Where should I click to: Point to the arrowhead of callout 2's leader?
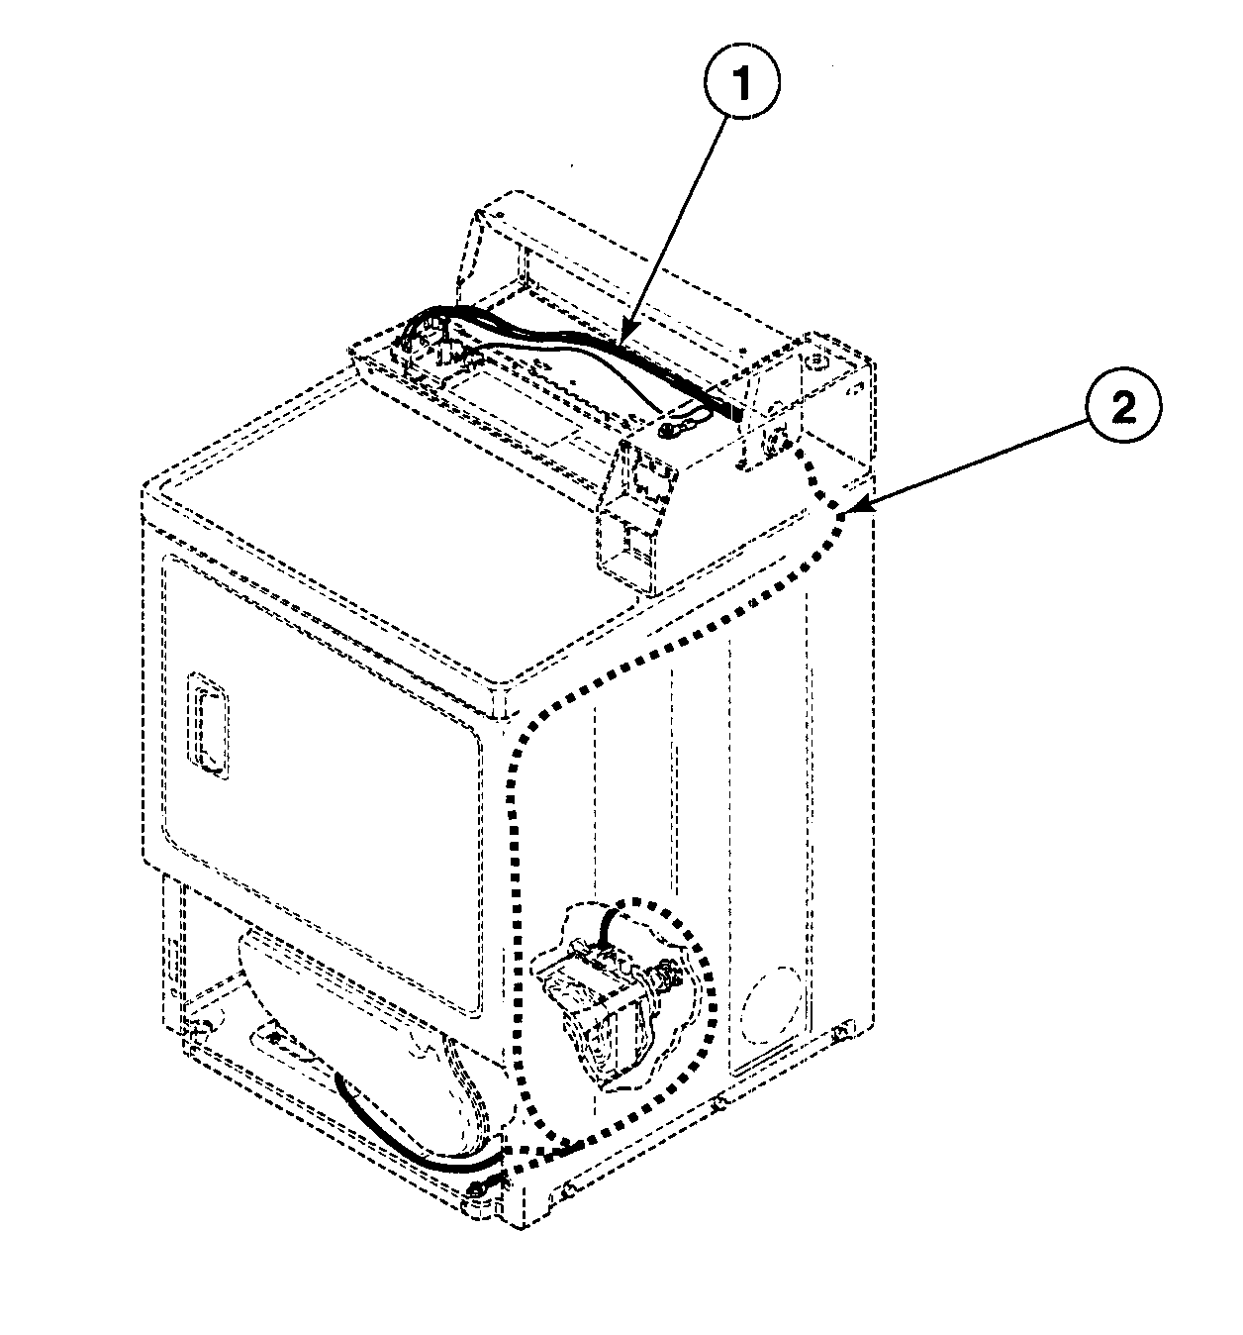[x=849, y=513]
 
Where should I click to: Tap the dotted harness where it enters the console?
[x=800, y=451]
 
